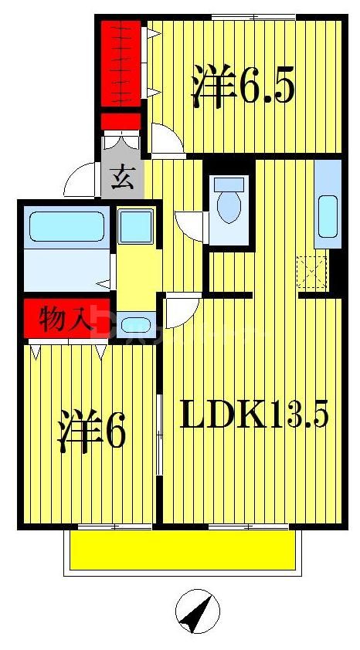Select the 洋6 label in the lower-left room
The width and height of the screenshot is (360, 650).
(90, 432)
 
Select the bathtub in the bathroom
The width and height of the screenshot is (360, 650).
(66, 225)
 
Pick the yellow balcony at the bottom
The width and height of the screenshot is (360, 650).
(184, 551)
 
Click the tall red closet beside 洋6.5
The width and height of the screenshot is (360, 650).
(121, 64)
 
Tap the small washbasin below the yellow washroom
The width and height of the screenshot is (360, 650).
(137, 325)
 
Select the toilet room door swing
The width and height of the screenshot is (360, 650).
(189, 225)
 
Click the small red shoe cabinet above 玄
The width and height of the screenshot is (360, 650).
(121, 121)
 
